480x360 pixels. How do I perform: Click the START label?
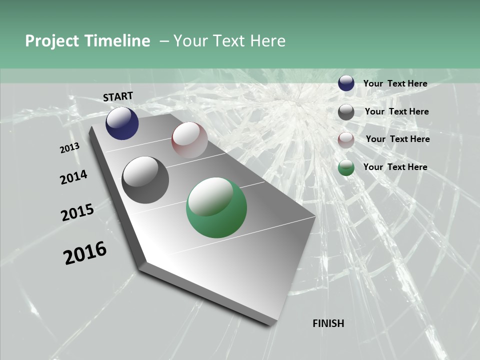pyautogui.click(x=118, y=96)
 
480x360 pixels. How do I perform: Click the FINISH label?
pyautogui.click(x=328, y=323)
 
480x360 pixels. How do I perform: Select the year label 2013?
pyautogui.click(x=69, y=148)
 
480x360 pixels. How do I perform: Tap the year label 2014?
pyautogui.click(x=73, y=177)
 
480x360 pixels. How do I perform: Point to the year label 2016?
pyautogui.click(x=85, y=253)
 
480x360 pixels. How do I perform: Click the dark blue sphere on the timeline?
pyautogui.click(x=122, y=123)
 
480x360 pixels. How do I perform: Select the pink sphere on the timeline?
pyautogui.click(x=189, y=140)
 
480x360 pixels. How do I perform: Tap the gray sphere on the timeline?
pyautogui.click(x=145, y=180)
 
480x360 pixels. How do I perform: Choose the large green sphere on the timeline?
pyautogui.click(x=216, y=207)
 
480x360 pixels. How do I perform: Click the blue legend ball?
pyautogui.click(x=346, y=83)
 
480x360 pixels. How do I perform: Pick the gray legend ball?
pyautogui.click(x=346, y=112)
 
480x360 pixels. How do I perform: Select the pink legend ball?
pyautogui.click(x=346, y=140)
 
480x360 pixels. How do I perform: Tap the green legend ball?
pyautogui.click(x=346, y=168)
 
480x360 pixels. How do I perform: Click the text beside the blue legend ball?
pyautogui.click(x=395, y=83)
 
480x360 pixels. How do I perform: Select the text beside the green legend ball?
pyautogui.click(x=395, y=167)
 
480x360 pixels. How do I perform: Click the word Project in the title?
pyautogui.click(x=52, y=41)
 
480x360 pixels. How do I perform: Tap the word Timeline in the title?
pyautogui.click(x=117, y=41)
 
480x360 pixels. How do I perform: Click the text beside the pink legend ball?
pyautogui.click(x=397, y=139)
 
